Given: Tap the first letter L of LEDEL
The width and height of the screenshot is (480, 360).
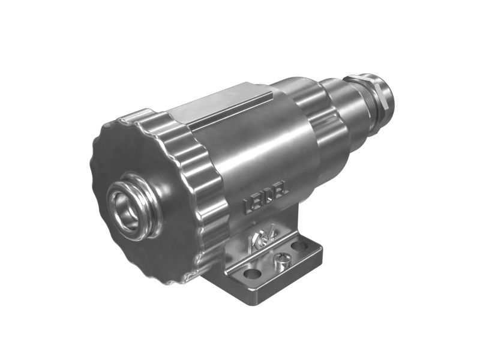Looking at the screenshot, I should (248, 207).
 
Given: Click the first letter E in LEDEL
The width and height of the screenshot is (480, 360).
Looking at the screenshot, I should (257, 202).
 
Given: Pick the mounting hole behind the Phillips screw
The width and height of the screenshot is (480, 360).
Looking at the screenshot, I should (298, 246).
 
